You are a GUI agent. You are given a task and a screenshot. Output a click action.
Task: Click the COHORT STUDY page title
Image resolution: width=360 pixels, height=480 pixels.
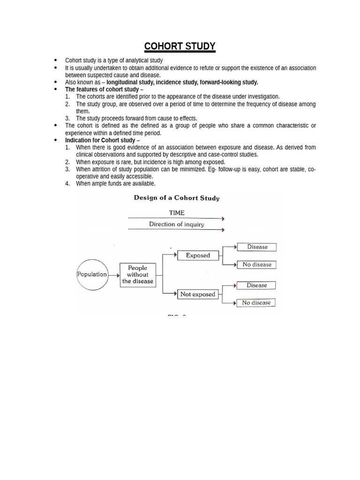click(180, 46)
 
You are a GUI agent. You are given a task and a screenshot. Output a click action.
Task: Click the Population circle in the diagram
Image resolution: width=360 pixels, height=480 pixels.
click(92, 274)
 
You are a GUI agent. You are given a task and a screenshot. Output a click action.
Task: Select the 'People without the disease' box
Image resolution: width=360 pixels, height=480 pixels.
click(138, 275)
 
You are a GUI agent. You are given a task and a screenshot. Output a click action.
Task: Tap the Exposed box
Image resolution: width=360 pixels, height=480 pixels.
click(198, 255)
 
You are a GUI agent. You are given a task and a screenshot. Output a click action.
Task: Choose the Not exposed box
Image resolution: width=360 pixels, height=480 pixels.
click(198, 294)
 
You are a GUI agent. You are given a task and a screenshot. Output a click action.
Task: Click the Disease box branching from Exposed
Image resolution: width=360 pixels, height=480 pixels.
click(257, 247)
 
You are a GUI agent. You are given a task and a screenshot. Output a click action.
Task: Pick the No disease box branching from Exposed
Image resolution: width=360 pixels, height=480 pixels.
click(257, 265)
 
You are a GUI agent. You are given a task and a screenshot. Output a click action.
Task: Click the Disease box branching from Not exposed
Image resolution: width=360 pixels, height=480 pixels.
click(257, 285)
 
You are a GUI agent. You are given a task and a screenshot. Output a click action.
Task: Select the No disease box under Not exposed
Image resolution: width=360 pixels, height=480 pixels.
click(256, 303)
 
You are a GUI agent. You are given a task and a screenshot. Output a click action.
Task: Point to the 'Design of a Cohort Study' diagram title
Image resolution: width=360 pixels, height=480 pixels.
click(177, 198)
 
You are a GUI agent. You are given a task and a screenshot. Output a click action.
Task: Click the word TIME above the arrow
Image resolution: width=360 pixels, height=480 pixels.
click(177, 213)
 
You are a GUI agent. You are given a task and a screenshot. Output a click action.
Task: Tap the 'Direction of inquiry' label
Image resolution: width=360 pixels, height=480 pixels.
click(177, 225)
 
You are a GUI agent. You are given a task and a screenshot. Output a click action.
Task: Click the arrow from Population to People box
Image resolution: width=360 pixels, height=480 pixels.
click(114, 275)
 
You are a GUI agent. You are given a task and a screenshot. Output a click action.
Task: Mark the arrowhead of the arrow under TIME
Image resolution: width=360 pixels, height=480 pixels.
click(223, 219)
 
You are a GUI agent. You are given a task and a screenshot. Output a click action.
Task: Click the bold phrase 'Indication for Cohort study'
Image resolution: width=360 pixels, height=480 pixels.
click(100, 140)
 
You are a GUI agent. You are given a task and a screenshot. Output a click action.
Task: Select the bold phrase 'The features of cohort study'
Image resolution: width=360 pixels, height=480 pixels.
click(102, 90)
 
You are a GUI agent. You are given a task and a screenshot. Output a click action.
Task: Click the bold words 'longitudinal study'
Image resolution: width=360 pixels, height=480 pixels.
click(130, 82)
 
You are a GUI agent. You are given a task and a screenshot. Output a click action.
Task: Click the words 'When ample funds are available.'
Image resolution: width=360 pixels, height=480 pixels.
click(116, 184)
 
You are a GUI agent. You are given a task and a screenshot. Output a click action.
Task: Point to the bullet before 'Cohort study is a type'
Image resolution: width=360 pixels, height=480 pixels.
click(56, 60)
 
